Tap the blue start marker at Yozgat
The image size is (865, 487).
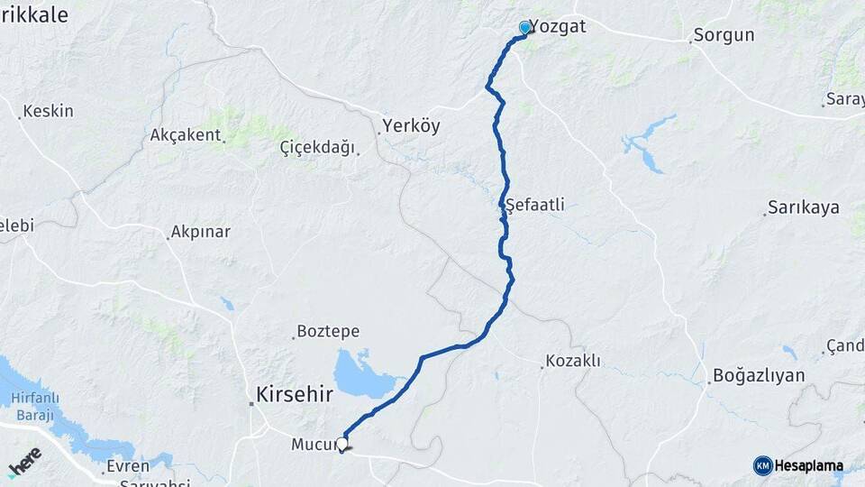pos(524,28)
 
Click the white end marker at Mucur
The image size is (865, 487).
pos(341,443)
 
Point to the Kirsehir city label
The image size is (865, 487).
pos(295,395)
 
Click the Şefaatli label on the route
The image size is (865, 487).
pos(535,205)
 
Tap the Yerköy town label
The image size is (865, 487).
pos(411,126)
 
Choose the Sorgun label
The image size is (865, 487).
pos(724,36)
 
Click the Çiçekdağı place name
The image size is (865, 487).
pos(317,147)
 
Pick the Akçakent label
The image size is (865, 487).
pos(186,135)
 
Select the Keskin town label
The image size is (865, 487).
pos(48,111)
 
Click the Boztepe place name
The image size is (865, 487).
pos(329,332)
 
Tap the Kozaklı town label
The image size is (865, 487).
pos(573,362)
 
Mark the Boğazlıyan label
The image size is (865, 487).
pos(758,374)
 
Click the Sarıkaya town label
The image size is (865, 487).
pos(803,207)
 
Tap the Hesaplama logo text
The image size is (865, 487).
pos(808,465)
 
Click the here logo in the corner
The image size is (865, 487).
pos(25,462)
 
